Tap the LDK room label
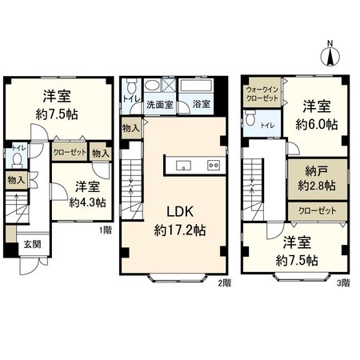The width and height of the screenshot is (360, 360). pos(179,213)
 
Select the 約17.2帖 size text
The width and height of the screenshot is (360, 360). pos(179,230)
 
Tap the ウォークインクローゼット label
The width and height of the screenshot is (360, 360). pos(262,94)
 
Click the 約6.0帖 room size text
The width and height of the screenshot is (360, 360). pos(316,124)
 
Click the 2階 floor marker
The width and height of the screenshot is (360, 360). pos(224,283)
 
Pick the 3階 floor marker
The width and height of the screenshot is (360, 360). pos(342,283)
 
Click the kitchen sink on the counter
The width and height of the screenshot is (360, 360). pos(182,166)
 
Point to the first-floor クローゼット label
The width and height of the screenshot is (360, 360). pos(69,151)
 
